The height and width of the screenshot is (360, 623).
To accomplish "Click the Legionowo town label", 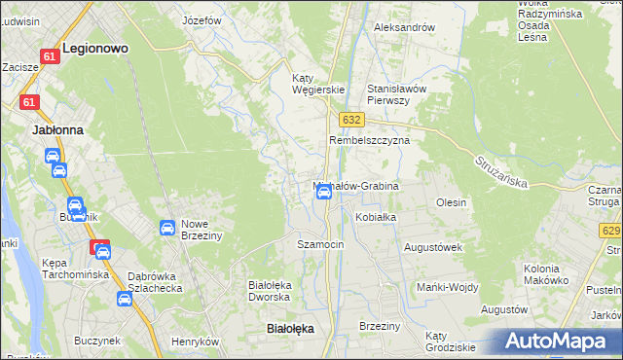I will tap(95, 47).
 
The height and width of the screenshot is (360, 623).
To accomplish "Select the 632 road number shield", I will tap(352, 119).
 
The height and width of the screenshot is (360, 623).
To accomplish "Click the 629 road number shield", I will tap(611, 231).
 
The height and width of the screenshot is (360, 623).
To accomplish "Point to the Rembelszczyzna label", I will tap(369, 140).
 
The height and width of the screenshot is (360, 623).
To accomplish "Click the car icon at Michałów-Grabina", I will tap(324, 193).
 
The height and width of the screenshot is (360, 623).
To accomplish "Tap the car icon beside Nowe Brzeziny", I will tap(166, 228).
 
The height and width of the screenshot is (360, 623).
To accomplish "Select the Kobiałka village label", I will tap(376, 217).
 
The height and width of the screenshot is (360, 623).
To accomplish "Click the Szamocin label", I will tap(320, 244).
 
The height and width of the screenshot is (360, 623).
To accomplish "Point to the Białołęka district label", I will tap(290, 329).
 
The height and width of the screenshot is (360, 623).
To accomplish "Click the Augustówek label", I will tap(431, 247).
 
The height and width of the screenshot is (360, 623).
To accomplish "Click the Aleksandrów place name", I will tap(404, 27).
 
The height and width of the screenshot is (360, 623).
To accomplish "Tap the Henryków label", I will tap(194, 342).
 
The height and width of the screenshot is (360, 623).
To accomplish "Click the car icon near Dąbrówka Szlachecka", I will tap(125, 299).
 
